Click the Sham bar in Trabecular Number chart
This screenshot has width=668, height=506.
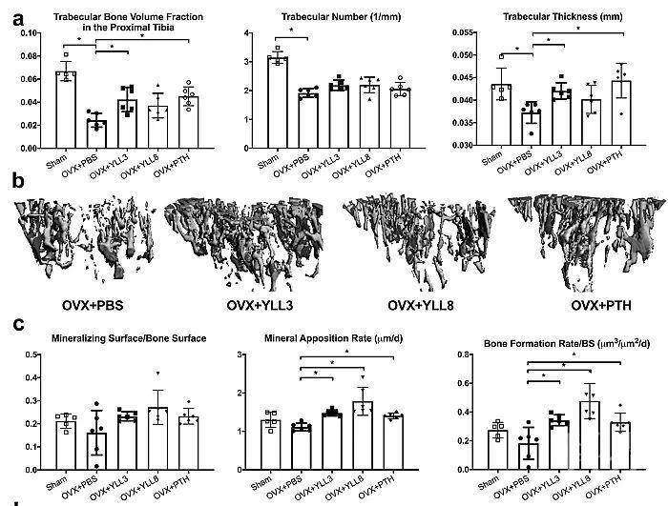(x=278, y=102)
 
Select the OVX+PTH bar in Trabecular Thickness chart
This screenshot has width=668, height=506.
(x=621, y=113)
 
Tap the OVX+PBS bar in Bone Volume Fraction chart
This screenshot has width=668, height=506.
(x=96, y=134)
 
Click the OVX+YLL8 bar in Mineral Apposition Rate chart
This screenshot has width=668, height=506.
(x=363, y=435)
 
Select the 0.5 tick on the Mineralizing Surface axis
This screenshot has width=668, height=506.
(x=31, y=354)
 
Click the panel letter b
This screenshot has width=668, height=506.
(x=18, y=181)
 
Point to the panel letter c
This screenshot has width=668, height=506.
(x=18, y=324)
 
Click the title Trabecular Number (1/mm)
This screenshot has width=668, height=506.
(x=341, y=17)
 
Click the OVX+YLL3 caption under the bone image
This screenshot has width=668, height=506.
(x=260, y=306)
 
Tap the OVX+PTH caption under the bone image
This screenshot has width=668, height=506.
(x=601, y=306)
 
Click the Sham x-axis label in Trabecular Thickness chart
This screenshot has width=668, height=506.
(x=492, y=158)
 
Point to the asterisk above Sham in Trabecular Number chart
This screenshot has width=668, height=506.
(x=291, y=30)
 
